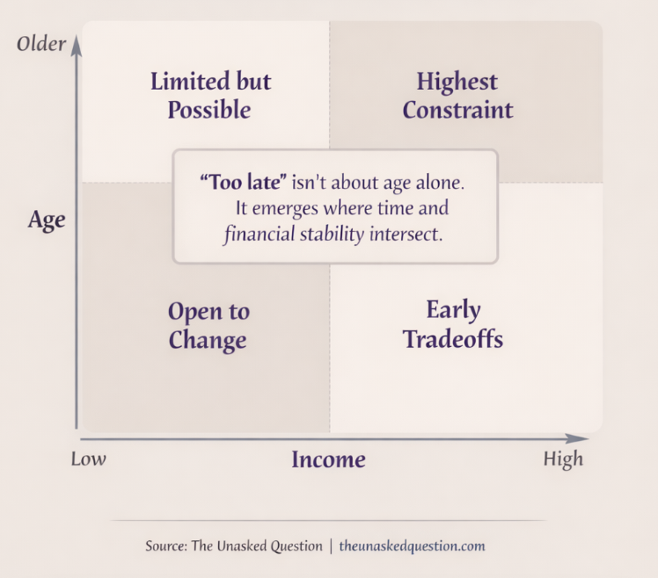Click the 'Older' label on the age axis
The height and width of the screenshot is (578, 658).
click(x=41, y=43)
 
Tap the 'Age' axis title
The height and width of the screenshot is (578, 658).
click(x=47, y=219)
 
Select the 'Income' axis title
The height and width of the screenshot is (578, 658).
click(x=328, y=459)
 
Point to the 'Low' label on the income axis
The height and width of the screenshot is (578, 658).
click(x=89, y=459)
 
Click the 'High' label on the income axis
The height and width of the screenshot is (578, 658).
click(x=563, y=459)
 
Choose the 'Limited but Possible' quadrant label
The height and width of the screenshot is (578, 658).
click(x=210, y=96)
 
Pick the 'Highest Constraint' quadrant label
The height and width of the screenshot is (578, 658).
click(x=457, y=96)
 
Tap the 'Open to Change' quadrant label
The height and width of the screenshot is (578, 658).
click(x=208, y=325)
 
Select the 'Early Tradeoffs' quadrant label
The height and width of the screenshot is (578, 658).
click(x=453, y=324)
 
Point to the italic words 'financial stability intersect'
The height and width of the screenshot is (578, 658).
click(x=333, y=235)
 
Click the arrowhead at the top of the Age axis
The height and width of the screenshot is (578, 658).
click(x=77, y=45)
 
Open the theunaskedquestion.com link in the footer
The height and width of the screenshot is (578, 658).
click(x=412, y=545)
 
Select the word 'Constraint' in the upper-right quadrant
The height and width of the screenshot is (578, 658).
click(x=457, y=111)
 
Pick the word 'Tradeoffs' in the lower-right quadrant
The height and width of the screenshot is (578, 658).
click(x=453, y=339)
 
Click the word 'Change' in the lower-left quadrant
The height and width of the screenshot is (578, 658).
click(x=208, y=340)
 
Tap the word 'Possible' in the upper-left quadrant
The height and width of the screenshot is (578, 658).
click(x=209, y=111)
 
